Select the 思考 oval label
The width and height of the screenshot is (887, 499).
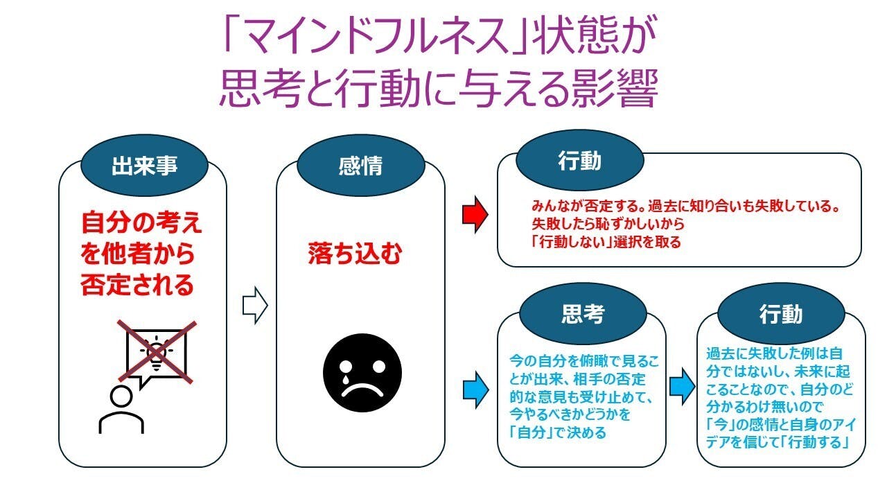[x=582, y=315]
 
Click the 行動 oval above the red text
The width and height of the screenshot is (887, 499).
[x=580, y=162]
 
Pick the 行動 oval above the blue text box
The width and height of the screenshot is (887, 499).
[x=781, y=315]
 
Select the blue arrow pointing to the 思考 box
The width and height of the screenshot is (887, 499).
[x=475, y=385]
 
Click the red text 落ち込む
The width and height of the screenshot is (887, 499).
[x=355, y=254]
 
